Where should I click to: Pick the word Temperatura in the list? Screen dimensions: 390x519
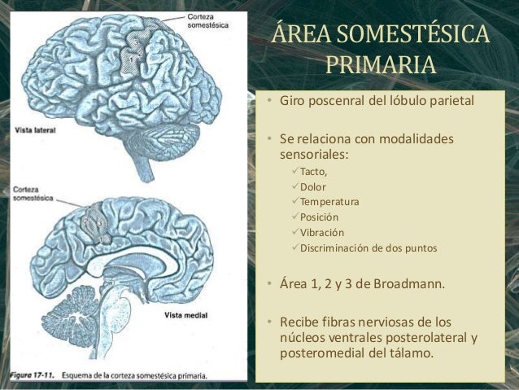pyautogui.click(x=329, y=202)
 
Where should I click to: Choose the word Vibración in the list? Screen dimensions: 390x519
pyautogui.click(x=322, y=233)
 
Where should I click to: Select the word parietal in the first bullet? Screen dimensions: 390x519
pyautogui.click(x=451, y=103)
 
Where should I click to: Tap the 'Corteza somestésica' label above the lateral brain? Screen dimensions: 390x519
pyautogui.click(x=207, y=21)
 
